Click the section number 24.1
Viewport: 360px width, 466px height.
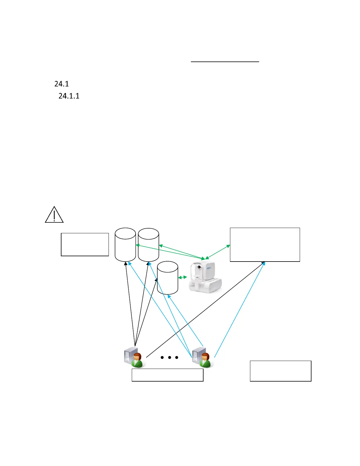[61, 84]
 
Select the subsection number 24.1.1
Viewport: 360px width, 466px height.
[69, 96]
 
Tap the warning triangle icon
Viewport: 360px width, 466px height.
[54, 215]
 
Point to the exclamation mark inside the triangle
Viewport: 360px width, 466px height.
[54, 214]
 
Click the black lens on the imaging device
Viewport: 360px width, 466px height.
[199, 267]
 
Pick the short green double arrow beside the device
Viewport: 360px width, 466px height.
[183, 277]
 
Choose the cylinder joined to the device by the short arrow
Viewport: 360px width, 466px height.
[168, 278]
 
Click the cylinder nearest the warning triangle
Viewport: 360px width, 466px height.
[125, 244]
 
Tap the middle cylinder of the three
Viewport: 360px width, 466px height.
[149, 244]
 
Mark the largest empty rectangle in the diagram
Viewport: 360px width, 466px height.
[265, 244]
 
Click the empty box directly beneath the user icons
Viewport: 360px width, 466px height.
[167, 375]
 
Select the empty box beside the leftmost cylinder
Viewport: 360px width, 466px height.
[85, 244]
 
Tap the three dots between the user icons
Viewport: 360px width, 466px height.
[169, 357]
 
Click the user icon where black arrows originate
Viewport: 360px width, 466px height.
[134, 357]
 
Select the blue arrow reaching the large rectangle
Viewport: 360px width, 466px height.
[240, 309]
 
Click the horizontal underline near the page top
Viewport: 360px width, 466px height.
[225, 62]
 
